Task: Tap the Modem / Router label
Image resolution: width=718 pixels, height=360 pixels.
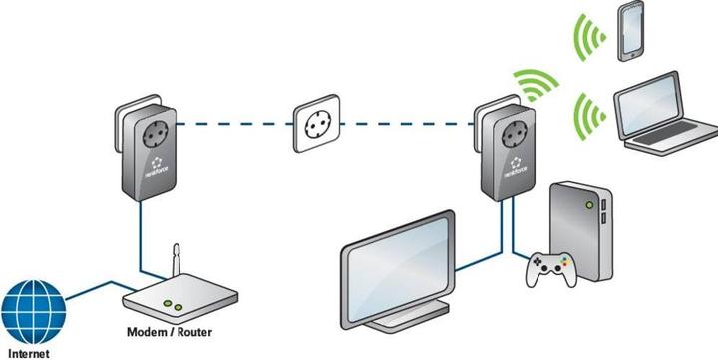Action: pyautogui.click(x=169, y=332)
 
